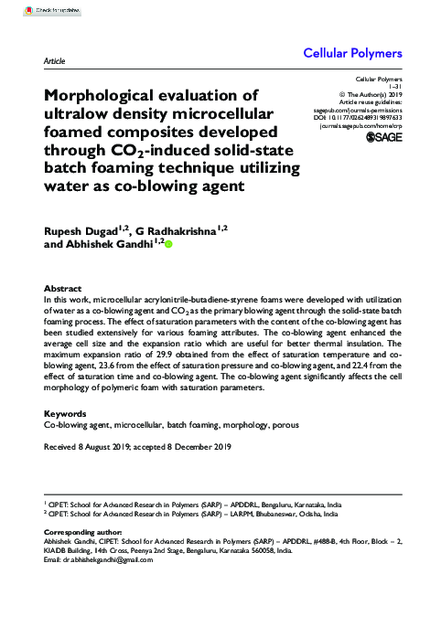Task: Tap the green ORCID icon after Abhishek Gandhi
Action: pyautogui.click(x=168, y=245)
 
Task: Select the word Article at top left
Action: pyautogui.click(x=55, y=60)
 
